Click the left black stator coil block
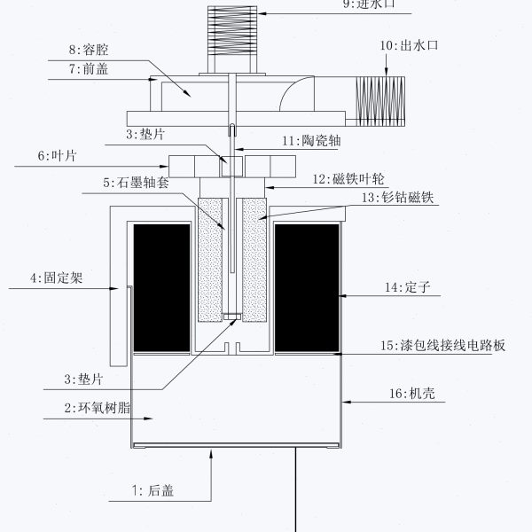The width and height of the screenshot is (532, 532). (161, 286)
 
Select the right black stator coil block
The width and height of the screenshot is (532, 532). (307, 286)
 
